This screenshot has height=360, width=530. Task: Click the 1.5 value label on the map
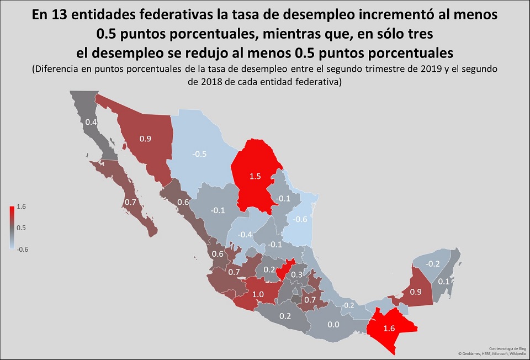click(255, 176)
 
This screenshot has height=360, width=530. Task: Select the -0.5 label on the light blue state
click(199, 153)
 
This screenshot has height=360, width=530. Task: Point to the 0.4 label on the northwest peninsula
click(91, 122)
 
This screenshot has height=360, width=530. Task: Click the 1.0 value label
click(258, 294)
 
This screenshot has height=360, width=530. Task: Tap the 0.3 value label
click(296, 274)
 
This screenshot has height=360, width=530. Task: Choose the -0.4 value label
click(245, 235)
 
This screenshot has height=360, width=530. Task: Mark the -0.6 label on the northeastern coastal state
click(301, 219)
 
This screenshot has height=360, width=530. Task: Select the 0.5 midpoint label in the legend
click(22, 227)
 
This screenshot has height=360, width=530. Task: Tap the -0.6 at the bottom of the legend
click(23, 248)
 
